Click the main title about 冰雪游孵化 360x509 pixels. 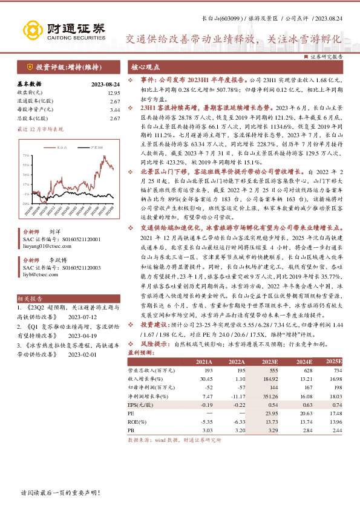[x=233, y=38]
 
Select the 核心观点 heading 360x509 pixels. [x=146, y=68]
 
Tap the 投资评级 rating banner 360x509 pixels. [x=68, y=68]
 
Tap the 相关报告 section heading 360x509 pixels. [x=29, y=298]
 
